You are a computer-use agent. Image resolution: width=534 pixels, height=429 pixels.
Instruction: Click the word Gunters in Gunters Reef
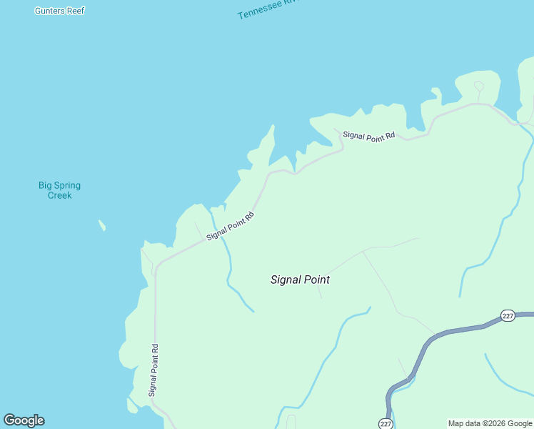pos(50,11)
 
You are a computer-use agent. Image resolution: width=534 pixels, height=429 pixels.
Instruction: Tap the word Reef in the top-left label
pos(76,11)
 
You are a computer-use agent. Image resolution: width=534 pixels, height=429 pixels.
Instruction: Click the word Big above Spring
pos(46,185)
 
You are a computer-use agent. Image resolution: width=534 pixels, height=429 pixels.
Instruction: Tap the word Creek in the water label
pos(59,195)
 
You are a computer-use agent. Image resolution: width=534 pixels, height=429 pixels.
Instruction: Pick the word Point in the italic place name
pos(316,280)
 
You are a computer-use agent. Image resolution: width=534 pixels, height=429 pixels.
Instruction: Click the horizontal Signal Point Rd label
pos(368,135)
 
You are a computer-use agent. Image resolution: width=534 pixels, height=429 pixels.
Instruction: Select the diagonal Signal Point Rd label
pos(230,226)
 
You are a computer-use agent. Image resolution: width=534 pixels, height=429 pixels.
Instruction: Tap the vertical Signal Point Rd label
pos(153,370)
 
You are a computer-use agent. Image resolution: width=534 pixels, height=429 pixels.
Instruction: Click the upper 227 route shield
pos(508,316)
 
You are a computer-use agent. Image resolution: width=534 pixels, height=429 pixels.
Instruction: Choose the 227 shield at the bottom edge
pos(386,423)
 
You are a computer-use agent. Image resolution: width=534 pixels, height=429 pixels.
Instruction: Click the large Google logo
pos(24,420)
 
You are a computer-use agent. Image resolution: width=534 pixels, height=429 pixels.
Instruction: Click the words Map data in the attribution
pos(463,424)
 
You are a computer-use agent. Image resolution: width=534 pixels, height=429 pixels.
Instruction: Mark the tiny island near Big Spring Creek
pos(102,225)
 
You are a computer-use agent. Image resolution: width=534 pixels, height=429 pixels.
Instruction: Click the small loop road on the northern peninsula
pos(478,87)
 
